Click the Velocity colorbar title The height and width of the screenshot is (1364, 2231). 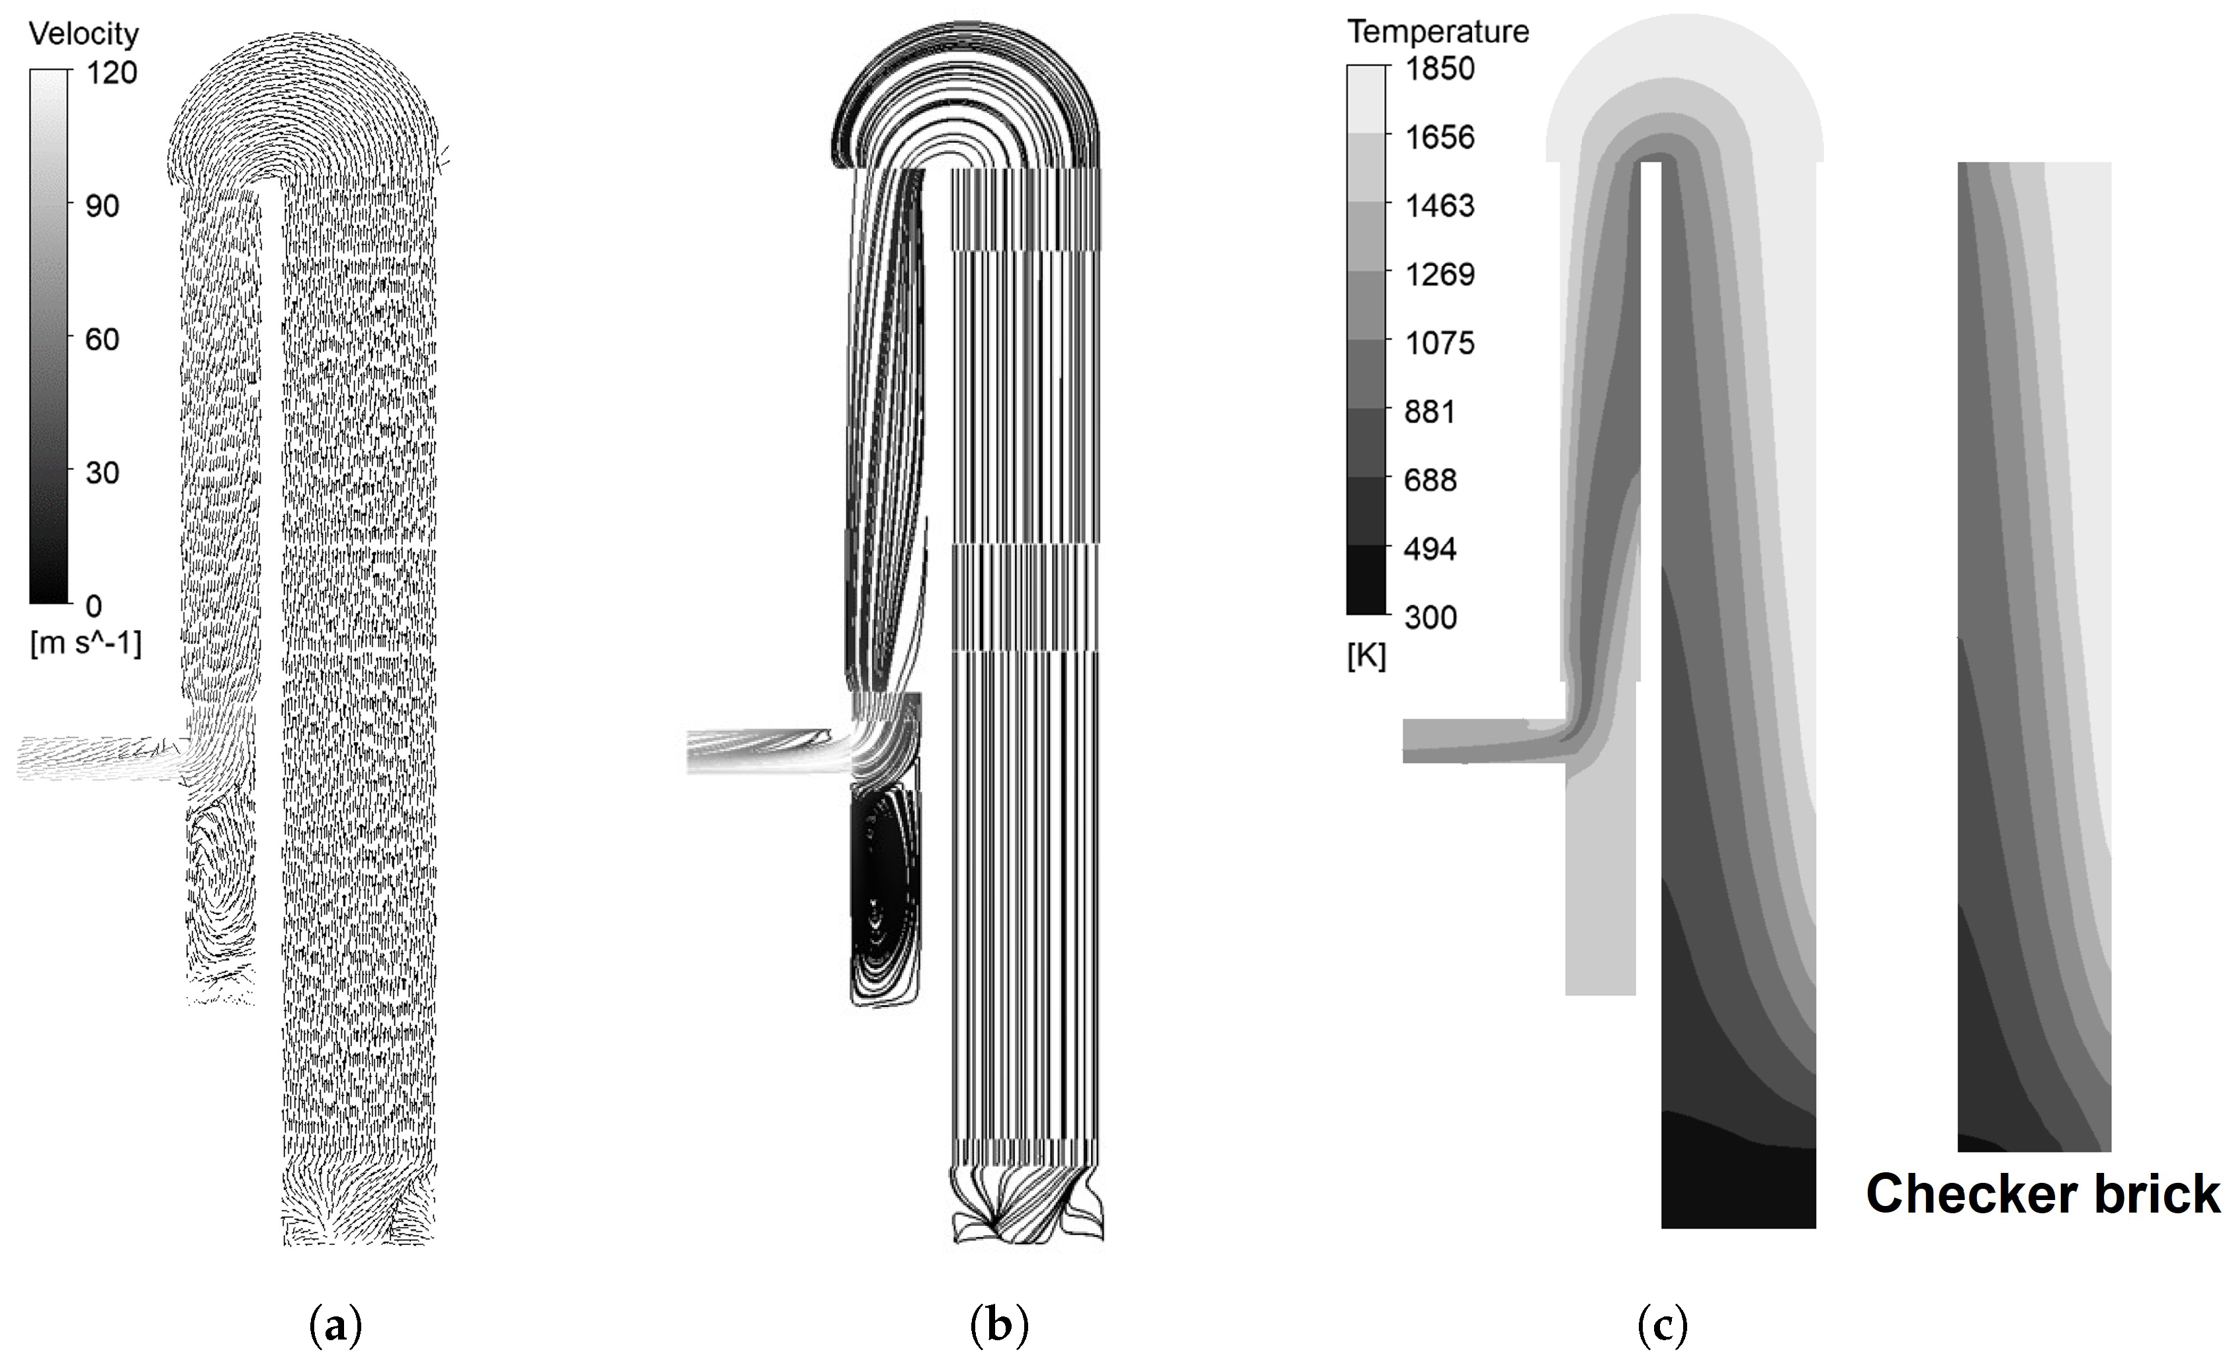(83, 34)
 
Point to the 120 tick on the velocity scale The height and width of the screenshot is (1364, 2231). (111, 73)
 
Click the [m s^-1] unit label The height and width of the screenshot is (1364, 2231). (85, 643)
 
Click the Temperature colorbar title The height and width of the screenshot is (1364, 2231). (1438, 32)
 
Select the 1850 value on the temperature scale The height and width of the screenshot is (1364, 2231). (1439, 69)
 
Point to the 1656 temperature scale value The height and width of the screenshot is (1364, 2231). (1439, 138)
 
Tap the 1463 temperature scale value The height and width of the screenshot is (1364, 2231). (1439, 206)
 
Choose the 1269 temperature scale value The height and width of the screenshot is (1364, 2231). (1439, 274)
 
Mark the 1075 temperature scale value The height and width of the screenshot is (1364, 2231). (1439, 343)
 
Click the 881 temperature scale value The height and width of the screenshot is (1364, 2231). (1429, 412)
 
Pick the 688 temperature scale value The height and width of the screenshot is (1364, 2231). (1429, 480)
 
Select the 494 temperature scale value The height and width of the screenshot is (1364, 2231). (1429, 549)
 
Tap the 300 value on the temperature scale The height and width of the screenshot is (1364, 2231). (1430, 618)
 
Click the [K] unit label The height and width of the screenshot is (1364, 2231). (1366, 655)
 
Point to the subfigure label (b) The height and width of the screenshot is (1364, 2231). (998, 1327)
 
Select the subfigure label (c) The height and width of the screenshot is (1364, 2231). (1663, 1327)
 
